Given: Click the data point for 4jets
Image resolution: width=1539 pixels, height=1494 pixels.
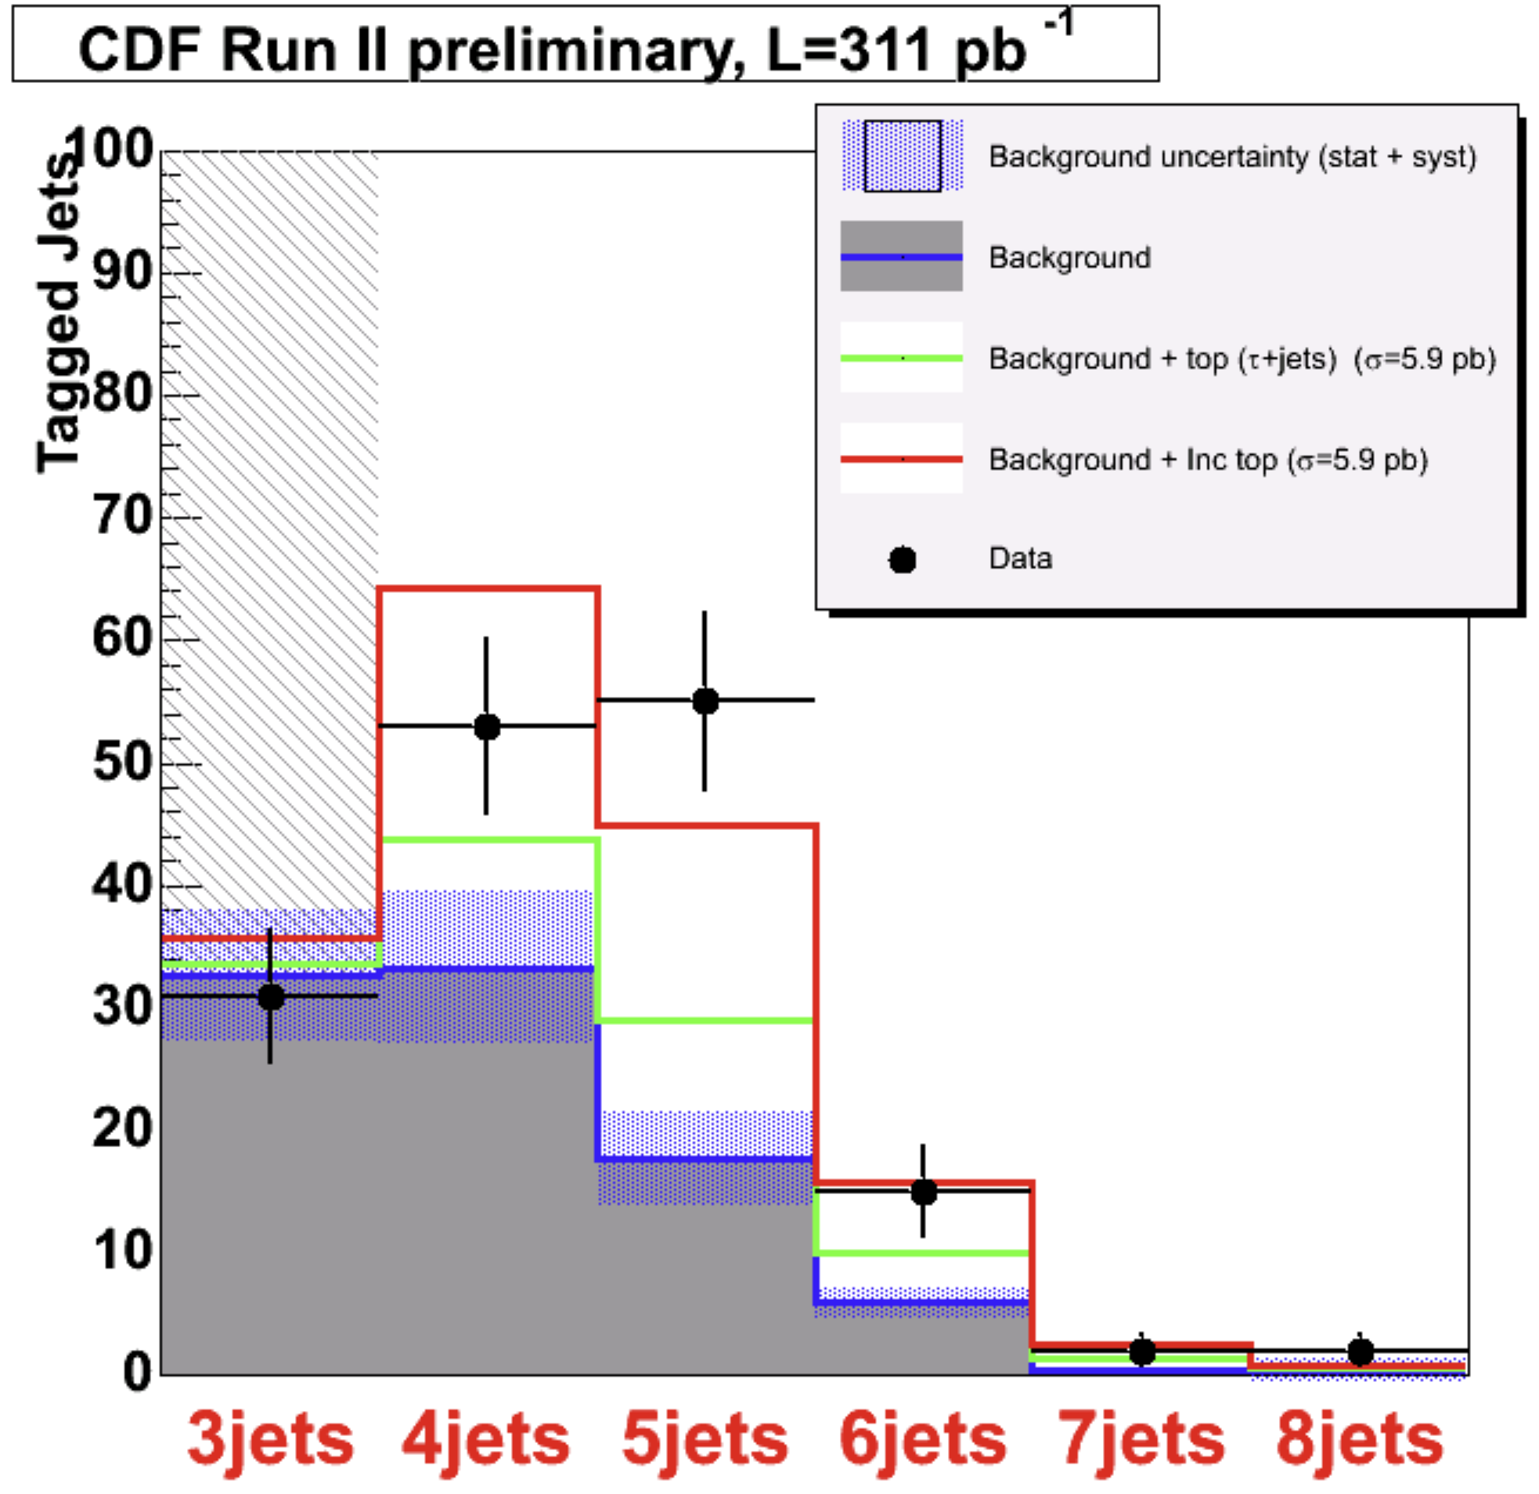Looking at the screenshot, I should pos(487,727).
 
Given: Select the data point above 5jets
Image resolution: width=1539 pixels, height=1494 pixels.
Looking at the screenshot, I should pos(705,701).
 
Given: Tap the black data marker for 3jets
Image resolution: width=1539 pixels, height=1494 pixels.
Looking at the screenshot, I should pos(271,997).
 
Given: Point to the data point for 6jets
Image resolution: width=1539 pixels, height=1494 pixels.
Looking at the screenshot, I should pos(924,1192).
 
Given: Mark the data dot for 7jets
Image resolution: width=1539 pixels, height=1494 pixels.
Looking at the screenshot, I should pos(1141,1351).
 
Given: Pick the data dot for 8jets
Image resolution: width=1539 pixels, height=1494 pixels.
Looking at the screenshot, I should pos(1360,1351).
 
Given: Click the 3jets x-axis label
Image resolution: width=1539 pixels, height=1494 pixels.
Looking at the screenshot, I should pos(270,1439).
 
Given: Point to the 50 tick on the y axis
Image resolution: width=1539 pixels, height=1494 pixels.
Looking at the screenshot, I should pos(121,762).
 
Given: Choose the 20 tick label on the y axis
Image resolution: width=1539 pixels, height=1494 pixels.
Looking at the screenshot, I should pos(121,1128).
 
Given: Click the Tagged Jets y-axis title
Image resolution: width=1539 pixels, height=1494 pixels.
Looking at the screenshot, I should pos(59,314).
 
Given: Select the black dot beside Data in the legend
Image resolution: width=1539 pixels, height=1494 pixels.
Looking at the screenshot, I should pos(903,560).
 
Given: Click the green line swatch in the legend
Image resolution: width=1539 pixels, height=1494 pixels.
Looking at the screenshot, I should pos(902,358).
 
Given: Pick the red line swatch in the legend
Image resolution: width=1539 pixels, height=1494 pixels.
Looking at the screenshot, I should pos(902,459).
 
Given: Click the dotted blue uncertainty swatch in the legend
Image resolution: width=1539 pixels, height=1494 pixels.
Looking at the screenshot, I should pos(903,156).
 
